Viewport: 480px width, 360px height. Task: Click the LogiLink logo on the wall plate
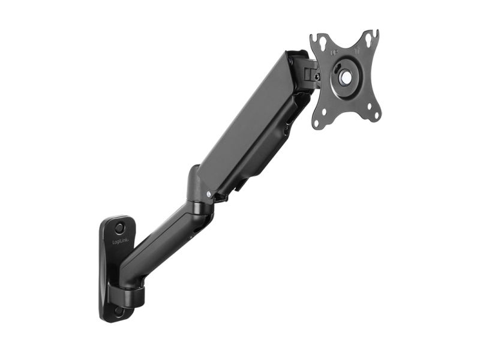tap(121, 242)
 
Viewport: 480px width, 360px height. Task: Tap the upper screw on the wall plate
tap(120, 228)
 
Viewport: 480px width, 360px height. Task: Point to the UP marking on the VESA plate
tap(334, 53)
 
